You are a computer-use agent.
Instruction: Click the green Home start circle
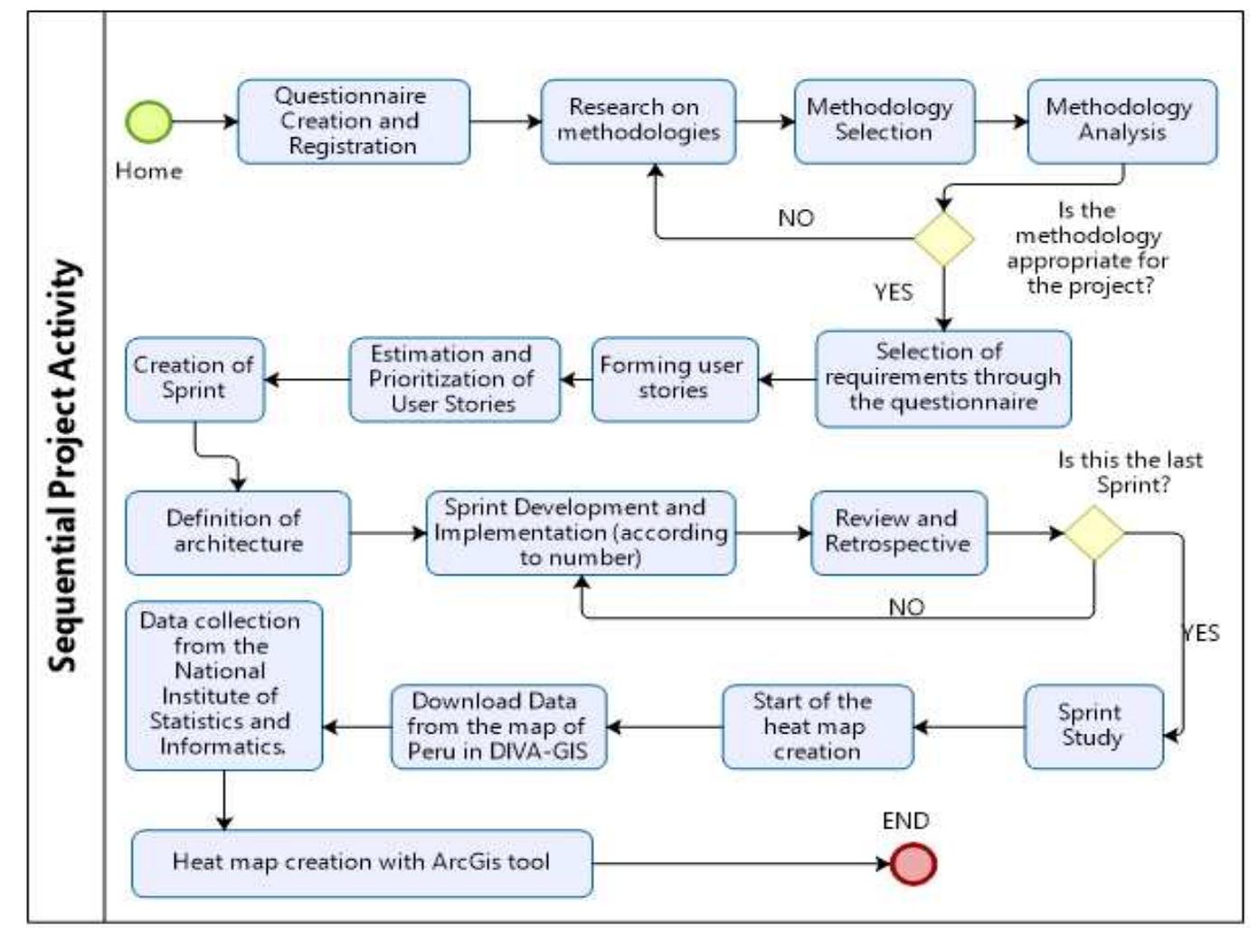pos(149,121)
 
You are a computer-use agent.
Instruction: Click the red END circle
pos(913,863)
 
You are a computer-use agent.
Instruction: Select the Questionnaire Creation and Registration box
pos(353,121)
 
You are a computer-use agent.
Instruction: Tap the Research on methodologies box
pos(638,121)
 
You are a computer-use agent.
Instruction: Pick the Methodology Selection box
pos(884,121)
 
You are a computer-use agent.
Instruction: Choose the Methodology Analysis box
pos(1122,121)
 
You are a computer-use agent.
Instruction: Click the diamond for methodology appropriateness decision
pos(943,239)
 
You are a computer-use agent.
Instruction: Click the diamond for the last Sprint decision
pos(1093,533)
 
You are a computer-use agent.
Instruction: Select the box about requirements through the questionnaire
pos(942,378)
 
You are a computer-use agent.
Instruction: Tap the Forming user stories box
pos(674,379)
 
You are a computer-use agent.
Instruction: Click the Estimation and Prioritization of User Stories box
pos(454,379)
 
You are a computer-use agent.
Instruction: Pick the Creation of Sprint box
pos(194,379)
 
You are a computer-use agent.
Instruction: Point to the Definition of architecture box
pos(237,533)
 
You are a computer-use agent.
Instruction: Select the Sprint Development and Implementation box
pos(580,533)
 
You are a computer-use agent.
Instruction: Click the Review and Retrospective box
pos(898,533)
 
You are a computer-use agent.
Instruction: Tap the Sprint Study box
pos(1093,726)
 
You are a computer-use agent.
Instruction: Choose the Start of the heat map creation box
pos(817,726)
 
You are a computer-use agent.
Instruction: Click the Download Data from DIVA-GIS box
pos(498,726)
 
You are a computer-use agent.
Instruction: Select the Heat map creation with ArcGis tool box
pos(362,863)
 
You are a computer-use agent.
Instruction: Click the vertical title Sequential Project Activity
pos(63,466)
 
